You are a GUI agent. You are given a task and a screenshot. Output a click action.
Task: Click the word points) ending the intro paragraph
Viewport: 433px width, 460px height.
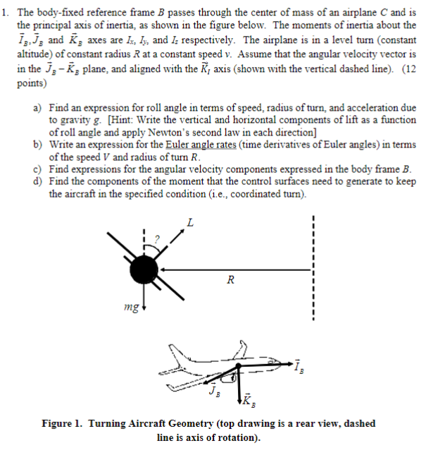31,83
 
